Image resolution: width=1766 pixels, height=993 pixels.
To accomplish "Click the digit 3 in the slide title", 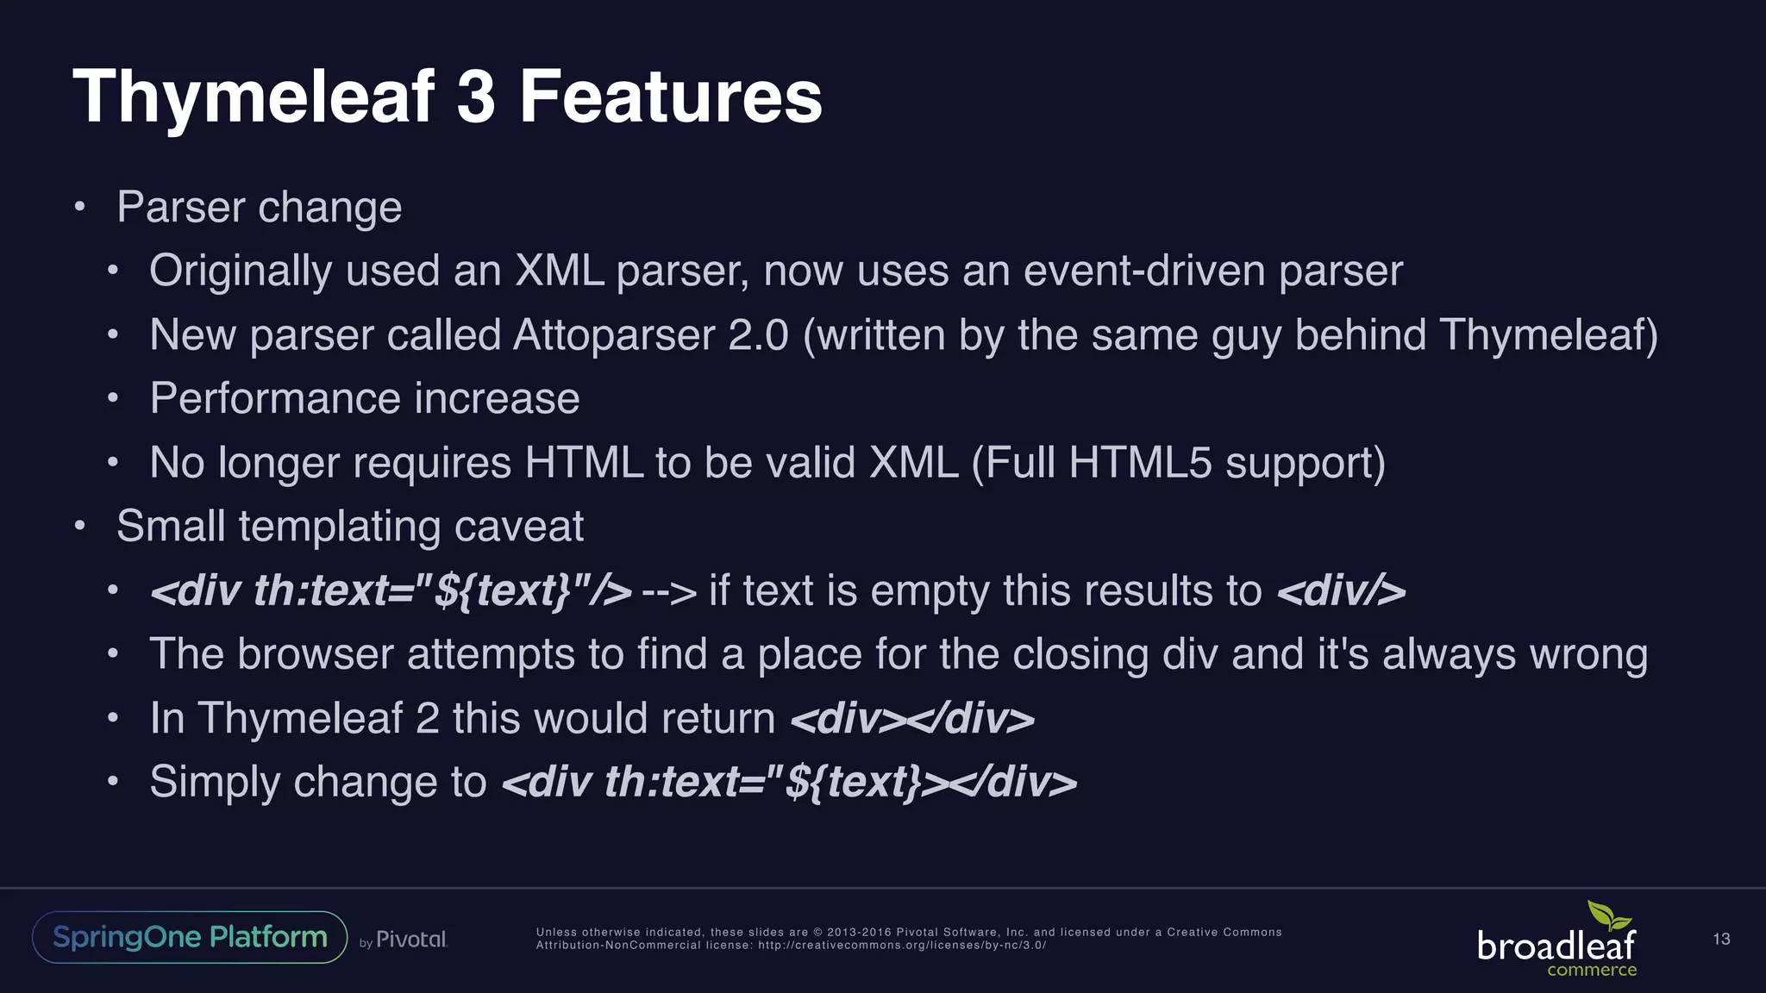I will click(x=476, y=97).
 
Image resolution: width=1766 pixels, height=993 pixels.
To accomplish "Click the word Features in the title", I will click(x=671, y=97).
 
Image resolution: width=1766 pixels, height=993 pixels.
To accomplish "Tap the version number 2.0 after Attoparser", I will click(x=758, y=334).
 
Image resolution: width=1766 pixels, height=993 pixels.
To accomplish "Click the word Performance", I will click(x=275, y=398).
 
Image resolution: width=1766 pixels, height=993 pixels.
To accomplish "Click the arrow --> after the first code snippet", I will click(x=669, y=591).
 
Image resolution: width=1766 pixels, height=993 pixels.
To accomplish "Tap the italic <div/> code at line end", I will click(x=1341, y=591).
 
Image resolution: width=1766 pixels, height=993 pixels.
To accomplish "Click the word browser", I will click(x=316, y=654).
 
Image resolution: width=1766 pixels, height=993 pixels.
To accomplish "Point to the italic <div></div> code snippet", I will click(x=912, y=719).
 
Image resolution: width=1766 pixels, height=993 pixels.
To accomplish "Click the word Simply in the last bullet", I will click(x=215, y=783).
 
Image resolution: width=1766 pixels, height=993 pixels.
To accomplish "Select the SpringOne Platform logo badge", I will click(x=190, y=937).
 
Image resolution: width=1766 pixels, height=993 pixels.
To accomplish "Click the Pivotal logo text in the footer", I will click(x=411, y=940).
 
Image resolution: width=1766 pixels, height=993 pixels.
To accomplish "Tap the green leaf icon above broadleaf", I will click(x=1609, y=915).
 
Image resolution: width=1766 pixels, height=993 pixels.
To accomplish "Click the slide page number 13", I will click(x=1721, y=939).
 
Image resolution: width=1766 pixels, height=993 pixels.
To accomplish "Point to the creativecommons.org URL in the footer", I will click(x=902, y=946).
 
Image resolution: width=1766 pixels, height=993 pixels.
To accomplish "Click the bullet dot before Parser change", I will click(x=79, y=207).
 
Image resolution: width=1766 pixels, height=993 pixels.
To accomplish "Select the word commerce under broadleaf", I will click(x=1592, y=971).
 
